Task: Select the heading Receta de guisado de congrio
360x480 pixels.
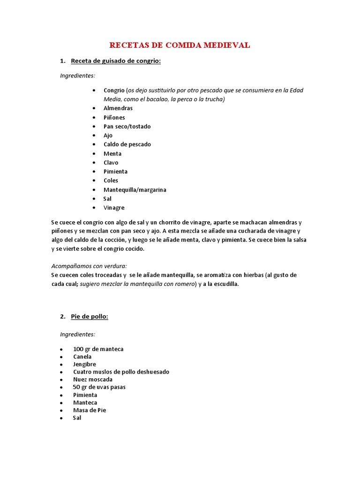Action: point(115,61)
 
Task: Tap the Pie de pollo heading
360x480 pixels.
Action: point(89,316)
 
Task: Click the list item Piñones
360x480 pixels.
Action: point(114,118)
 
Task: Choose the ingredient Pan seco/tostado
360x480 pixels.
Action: point(127,127)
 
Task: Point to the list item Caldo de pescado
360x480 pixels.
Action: point(127,144)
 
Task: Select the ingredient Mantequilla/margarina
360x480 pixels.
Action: point(135,190)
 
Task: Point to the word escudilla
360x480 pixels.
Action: point(225,284)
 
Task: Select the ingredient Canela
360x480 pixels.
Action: point(82,357)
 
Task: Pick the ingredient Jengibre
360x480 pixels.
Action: point(84,364)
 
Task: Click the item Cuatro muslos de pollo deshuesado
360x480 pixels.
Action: point(121,372)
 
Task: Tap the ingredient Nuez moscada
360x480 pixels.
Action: point(93,379)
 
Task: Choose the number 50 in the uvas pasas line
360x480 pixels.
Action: point(77,387)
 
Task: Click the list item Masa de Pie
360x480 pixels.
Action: point(90,410)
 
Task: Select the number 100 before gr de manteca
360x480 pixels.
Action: point(78,349)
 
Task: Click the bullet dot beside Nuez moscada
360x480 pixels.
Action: point(62,380)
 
